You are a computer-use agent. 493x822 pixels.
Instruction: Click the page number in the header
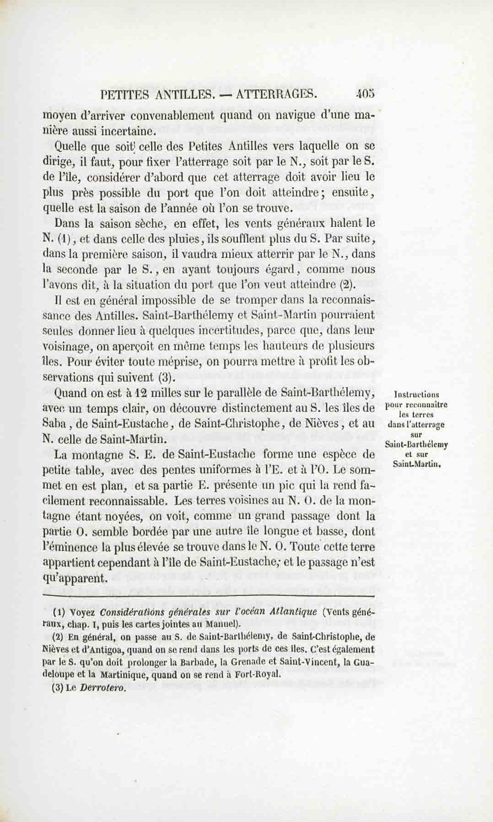365,95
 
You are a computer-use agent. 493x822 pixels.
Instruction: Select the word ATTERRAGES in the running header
277,95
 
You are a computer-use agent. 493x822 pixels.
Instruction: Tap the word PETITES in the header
126,95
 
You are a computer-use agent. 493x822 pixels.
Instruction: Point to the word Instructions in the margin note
417,395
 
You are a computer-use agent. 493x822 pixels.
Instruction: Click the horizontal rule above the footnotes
209,596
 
